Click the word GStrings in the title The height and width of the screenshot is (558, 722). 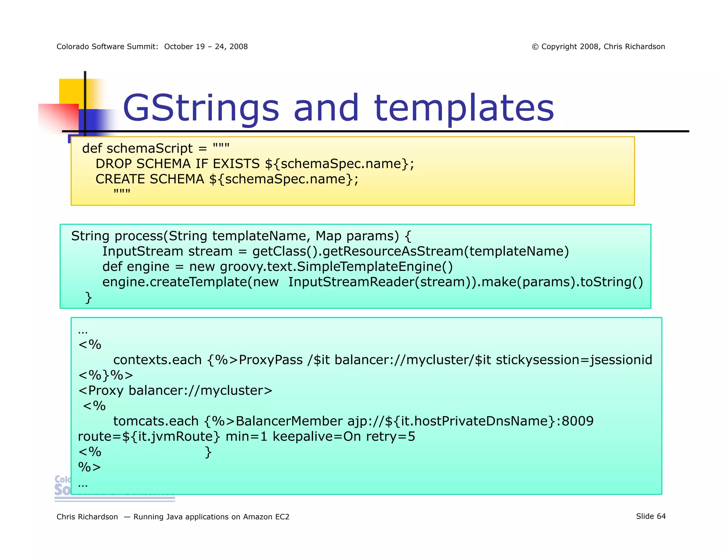pos(201,108)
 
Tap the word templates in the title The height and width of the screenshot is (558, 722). pos(464,108)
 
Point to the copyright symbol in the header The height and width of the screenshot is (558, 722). pos(535,47)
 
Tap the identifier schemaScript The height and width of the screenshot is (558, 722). pos(149,148)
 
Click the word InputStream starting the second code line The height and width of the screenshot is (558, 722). pos(142,251)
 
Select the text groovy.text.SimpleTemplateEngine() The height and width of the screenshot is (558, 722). pos(336,267)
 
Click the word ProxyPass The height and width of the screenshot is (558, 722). pos(270,360)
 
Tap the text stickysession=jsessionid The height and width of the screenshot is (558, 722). pos(574,360)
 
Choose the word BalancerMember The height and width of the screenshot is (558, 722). pos(289,421)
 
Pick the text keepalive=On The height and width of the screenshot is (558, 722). pos(317,437)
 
